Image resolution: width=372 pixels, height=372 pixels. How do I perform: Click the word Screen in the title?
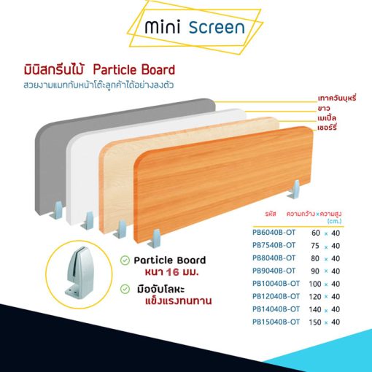(217, 27)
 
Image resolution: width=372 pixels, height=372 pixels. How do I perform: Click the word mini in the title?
(163, 26)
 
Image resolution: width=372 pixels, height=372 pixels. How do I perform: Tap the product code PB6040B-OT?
(274, 233)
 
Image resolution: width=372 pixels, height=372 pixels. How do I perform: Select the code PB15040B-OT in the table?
(276, 322)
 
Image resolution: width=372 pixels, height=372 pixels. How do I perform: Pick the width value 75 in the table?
(315, 246)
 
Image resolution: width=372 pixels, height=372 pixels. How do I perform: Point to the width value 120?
(315, 296)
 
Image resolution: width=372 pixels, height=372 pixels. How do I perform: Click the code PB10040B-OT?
(276, 284)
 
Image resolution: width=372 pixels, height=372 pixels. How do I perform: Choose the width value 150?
(315, 322)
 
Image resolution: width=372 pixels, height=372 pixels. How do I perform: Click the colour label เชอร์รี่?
(327, 127)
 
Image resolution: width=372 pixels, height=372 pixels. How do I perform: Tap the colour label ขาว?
(324, 108)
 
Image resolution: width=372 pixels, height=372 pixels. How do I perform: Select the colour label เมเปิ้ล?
(327, 117)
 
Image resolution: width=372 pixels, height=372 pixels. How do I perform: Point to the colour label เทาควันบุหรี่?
(337, 98)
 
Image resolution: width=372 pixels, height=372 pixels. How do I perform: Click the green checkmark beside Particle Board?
(125, 260)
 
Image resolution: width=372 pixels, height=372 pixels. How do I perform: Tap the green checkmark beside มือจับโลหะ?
(125, 289)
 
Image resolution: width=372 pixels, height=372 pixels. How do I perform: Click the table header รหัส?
(271, 214)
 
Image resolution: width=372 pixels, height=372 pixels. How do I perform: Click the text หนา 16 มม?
(171, 272)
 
